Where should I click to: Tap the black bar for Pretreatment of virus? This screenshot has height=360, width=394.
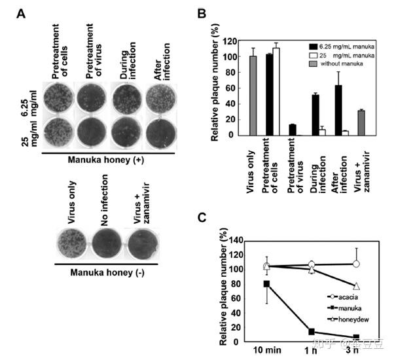click(x=291, y=130)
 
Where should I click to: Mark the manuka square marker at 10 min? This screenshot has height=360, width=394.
click(x=249, y=283)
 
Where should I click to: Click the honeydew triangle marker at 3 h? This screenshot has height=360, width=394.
click(x=357, y=286)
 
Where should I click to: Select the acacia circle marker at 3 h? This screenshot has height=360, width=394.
click(x=357, y=264)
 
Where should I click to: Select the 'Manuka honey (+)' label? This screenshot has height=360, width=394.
click(x=107, y=158)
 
